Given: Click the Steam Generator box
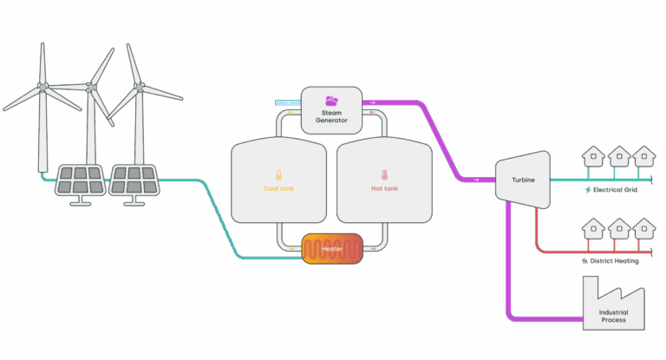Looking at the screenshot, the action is click(331, 110).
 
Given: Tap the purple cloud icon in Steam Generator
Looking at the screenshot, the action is click(331, 101).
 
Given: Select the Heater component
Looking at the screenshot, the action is click(332, 249).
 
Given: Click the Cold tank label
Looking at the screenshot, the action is click(278, 188).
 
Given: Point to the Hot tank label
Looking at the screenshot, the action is click(384, 188).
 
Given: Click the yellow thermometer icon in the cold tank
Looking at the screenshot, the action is click(278, 174).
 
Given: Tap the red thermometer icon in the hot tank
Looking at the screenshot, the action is click(384, 174).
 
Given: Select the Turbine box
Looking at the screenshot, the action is click(523, 180).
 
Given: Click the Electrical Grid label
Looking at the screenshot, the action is click(615, 190).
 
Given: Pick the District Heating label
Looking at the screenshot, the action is click(614, 260).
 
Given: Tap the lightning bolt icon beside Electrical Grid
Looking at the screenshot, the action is click(588, 190).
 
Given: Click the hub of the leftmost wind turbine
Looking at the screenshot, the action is click(42, 87).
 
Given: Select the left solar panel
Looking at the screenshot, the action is click(81, 180).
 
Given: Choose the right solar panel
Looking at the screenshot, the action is click(134, 180).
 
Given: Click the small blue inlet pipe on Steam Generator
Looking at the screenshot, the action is click(288, 102).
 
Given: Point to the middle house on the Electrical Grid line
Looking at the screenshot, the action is click(619, 156).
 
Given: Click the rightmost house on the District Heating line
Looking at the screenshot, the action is click(644, 229).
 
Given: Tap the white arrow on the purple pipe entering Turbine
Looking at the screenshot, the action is click(477, 180).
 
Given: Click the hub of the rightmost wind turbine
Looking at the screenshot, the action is click(140, 87).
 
